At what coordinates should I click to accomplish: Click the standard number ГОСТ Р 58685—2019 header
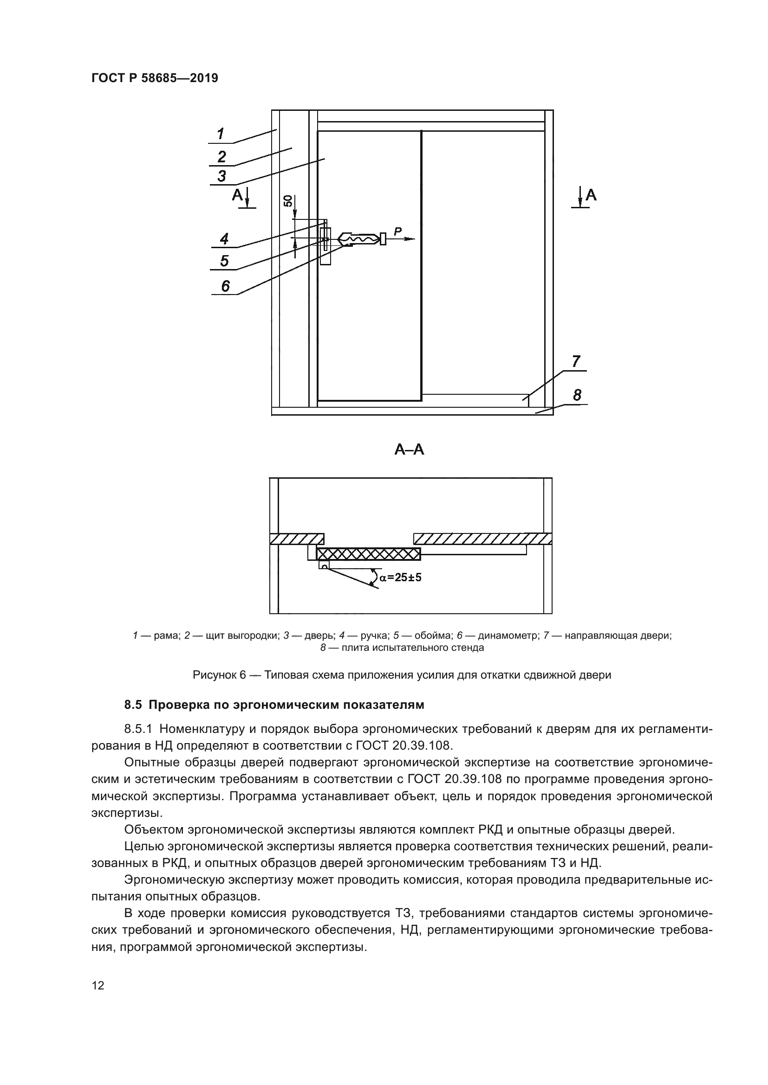155,78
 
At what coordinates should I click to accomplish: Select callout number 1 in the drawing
221,134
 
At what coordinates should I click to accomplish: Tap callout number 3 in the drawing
221,176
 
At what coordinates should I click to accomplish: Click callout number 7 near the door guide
576,361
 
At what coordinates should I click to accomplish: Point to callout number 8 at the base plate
577,395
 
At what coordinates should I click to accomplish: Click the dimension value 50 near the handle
287,201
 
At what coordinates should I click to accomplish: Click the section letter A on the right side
591,195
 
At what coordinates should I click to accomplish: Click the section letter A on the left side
237,195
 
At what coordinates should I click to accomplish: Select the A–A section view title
410,449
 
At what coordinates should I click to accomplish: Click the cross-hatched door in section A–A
368,554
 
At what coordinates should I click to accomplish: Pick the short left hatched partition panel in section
297,539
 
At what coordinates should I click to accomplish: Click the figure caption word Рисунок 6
220,675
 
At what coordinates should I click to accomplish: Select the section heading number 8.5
133,705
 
